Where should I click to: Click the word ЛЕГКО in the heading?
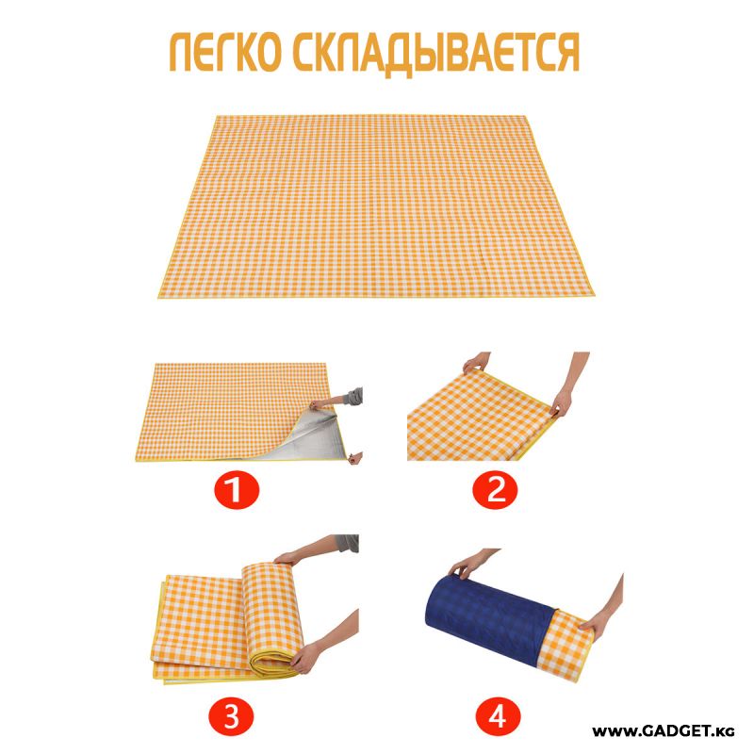pos(224,53)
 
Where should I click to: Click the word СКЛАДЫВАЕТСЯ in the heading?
pos(436,55)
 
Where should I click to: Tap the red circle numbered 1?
pos(237,490)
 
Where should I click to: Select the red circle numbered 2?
pos(496,490)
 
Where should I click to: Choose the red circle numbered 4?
pos(498,716)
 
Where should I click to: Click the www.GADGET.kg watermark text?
pos(664,731)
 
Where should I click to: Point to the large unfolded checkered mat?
pos(375,206)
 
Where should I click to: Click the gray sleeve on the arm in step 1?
pos(354,397)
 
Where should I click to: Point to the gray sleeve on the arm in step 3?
pos(349,544)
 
